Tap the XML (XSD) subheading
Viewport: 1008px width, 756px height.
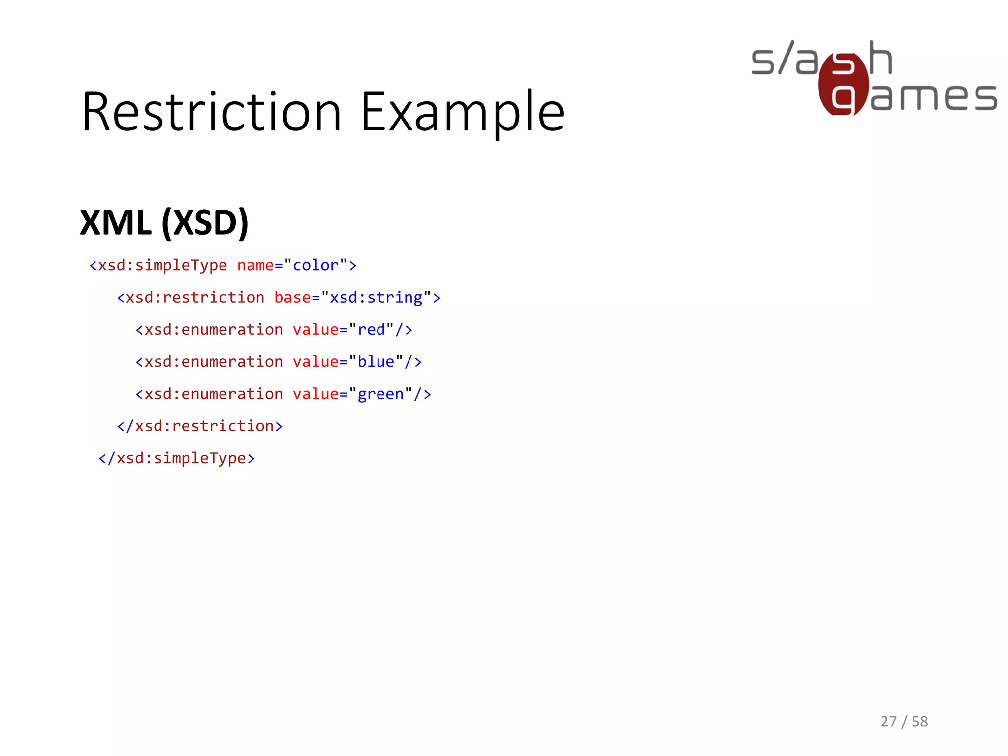164,223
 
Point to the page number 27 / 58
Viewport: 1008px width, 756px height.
904,722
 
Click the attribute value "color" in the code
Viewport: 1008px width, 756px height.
315,265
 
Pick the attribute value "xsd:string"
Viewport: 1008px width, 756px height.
376,298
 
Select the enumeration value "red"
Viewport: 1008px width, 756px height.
371,330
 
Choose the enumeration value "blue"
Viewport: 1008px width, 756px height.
376,362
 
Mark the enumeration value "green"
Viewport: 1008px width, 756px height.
380,394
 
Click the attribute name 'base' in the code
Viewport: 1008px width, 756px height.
292,298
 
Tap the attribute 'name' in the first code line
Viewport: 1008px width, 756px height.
255,265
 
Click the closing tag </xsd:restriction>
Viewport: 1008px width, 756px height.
200,426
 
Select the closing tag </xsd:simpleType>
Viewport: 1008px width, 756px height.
177,458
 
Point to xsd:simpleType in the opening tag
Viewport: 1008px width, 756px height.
162,265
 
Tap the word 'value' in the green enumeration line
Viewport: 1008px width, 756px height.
315,394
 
